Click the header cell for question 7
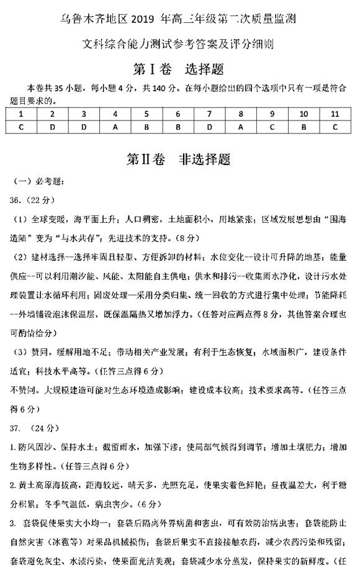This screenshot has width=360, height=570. coord(210,114)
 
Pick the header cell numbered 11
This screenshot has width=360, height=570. coord(335,114)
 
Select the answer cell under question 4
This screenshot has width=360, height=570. coord(115,127)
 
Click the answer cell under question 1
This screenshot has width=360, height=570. coord(21,127)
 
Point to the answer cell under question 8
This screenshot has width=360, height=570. coord(241,127)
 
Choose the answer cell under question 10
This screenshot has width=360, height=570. coord(304,127)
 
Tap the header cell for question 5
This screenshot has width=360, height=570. coord(146,114)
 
